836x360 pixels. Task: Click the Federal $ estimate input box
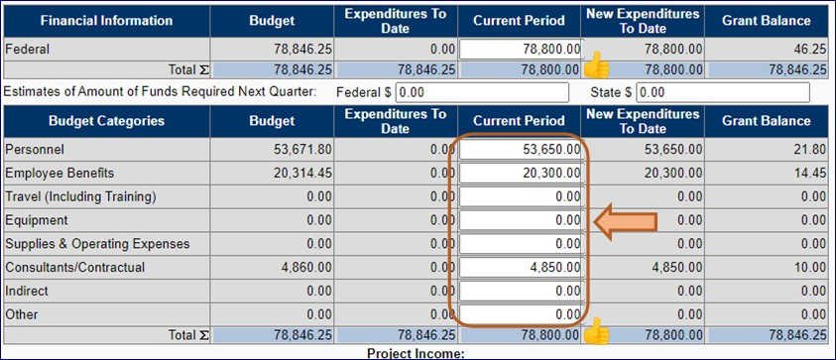[x=482, y=92]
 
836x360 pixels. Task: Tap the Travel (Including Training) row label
[x=80, y=196]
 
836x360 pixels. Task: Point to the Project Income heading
[x=416, y=353]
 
